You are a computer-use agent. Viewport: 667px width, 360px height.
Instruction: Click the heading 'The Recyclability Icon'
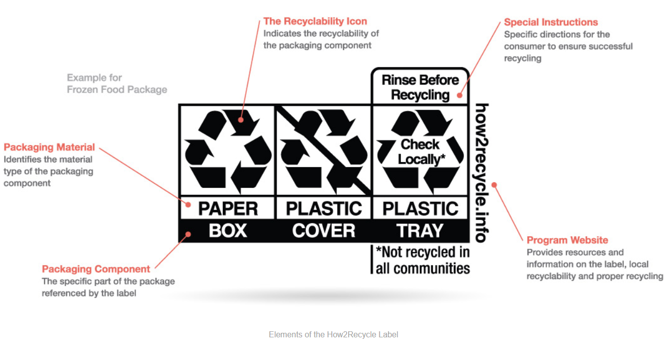[x=315, y=22]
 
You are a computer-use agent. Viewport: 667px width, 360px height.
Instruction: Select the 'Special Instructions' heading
[x=551, y=22]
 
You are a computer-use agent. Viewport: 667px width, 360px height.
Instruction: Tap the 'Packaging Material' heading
[x=49, y=147]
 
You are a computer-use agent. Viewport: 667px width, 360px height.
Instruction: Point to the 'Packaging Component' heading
[x=96, y=269]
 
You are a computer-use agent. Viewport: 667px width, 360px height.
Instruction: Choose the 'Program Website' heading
[x=567, y=240]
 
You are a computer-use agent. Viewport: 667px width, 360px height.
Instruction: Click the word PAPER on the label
[x=228, y=208]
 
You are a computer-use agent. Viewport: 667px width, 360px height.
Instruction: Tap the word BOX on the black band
[x=228, y=231]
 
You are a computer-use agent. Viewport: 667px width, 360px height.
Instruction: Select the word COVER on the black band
[x=323, y=231]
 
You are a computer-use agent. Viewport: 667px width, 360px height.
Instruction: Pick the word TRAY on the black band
[x=420, y=231]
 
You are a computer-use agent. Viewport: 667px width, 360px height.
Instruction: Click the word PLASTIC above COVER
[x=324, y=208]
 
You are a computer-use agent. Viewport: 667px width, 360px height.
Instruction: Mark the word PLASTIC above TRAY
[x=420, y=208]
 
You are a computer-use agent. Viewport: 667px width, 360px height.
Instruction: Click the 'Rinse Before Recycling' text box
[x=420, y=87]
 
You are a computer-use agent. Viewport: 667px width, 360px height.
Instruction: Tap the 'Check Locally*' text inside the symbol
[x=420, y=152]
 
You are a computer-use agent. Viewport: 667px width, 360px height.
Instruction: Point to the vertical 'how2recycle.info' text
[x=482, y=173]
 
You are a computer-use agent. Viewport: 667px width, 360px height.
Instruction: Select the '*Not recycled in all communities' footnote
[x=423, y=260]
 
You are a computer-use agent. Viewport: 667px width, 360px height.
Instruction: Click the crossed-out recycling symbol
[x=323, y=151]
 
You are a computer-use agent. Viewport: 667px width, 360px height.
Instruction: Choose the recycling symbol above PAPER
[x=228, y=151]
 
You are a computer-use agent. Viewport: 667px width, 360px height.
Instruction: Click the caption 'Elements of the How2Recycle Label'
[x=333, y=334]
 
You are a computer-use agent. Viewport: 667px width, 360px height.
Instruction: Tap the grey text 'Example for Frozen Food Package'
[x=117, y=84]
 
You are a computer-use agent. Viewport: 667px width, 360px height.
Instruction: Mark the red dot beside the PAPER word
[x=188, y=204]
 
